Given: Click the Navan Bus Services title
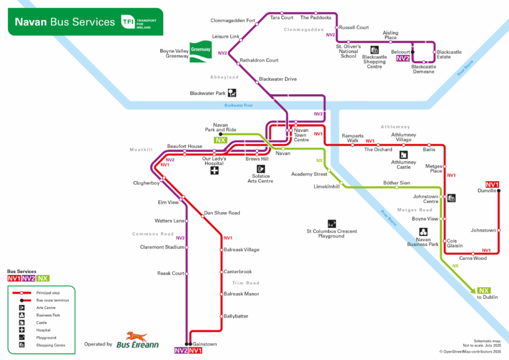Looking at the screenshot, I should point(64,22).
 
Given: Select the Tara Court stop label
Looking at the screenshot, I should point(282,18).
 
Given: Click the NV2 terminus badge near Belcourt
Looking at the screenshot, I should point(403,58).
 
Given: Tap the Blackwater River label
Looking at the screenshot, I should point(239,105).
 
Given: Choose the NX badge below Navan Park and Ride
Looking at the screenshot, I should point(220,140).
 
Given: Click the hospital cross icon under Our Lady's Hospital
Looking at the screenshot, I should point(214,170).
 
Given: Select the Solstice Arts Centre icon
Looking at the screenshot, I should point(260,168).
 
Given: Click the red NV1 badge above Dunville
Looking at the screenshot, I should point(492,184).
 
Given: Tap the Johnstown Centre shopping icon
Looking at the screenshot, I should point(451,198).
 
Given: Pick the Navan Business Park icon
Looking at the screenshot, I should point(422,232).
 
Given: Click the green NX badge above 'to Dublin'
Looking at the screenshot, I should point(484,290).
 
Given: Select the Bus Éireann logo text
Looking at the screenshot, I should point(137,344).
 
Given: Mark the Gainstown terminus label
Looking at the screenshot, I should point(205,344).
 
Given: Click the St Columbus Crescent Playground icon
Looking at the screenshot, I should point(331,223).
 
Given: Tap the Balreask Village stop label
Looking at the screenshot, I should point(241,250).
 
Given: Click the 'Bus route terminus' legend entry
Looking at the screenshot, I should point(52,300).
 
